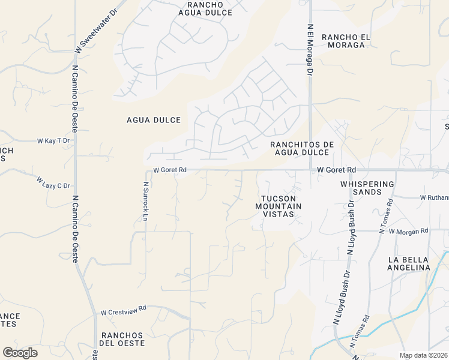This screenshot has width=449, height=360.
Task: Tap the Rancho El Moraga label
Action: [x=343, y=41]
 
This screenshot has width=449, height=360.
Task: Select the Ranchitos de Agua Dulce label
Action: [x=302, y=149]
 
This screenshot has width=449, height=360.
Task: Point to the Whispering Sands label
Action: [x=367, y=188]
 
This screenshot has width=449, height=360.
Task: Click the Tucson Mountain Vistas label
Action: [x=279, y=206]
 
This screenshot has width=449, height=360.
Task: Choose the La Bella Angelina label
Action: [x=409, y=263]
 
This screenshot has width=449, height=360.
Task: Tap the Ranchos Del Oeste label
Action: [x=122, y=339]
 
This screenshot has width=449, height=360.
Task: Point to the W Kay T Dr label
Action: [x=53, y=140]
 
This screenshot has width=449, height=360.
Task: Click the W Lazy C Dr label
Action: [x=53, y=182]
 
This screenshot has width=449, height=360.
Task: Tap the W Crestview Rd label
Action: [x=124, y=312]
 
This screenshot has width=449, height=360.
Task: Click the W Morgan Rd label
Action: [x=408, y=231]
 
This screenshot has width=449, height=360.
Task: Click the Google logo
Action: [x=20, y=352]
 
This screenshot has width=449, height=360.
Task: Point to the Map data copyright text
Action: [x=424, y=355]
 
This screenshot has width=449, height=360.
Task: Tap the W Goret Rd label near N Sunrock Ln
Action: [x=170, y=170]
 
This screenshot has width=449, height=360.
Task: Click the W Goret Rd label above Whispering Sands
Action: [x=337, y=170]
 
